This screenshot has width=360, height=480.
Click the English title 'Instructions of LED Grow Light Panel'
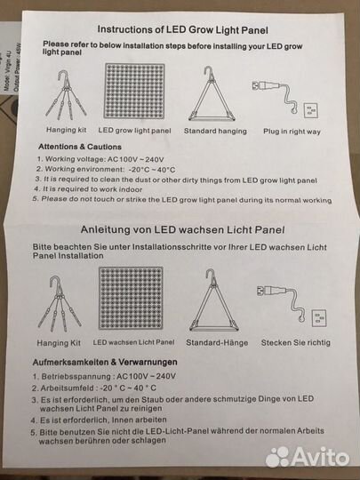(183, 29)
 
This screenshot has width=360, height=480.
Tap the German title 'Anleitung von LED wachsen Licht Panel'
(183, 229)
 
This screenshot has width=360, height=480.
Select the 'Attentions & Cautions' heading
(80, 147)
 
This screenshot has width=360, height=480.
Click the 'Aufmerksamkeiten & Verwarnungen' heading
(105, 362)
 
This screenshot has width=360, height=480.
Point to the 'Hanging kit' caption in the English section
(66, 130)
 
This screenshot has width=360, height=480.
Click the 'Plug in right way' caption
(292, 132)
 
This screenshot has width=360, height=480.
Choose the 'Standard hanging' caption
(215, 131)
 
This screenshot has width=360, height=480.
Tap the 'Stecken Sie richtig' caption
(296, 342)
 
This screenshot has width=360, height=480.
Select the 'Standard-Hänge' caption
(217, 342)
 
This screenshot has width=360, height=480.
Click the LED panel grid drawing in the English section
(135, 91)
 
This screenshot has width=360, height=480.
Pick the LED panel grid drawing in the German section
(131, 298)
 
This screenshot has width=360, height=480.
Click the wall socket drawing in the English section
(311, 110)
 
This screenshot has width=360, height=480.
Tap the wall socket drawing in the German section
(319, 318)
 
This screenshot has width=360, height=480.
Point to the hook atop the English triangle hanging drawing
(209, 71)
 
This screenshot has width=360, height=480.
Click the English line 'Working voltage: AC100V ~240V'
(100, 159)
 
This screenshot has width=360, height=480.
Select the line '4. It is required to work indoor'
(89, 189)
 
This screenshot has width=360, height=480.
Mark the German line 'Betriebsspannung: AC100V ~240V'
(104, 376)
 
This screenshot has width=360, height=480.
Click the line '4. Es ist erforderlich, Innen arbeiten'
(99, 420)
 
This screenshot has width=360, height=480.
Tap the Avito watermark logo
(308, 457)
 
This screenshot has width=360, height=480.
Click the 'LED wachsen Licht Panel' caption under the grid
(133, 342)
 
